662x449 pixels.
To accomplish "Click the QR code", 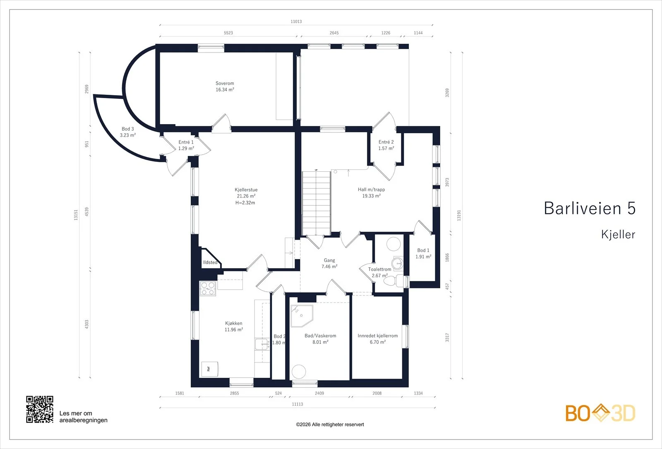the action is (x=40, y=409).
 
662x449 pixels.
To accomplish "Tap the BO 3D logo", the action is (x=600, y=413).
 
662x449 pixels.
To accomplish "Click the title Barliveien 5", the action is (x=590, y=208).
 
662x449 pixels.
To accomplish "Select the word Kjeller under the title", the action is (x=618, y=234).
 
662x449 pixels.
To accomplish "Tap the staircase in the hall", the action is (x=316, y=203).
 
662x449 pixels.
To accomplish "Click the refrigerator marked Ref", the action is (x=210, y=369).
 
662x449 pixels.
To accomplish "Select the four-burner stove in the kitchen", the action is (x=207, y=288).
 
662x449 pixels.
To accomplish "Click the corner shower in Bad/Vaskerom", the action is (x=301, y=316).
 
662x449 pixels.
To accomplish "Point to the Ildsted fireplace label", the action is (x=210, y=262).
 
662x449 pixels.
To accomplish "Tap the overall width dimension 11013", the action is (x=296, y=21).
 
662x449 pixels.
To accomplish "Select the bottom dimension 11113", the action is (x=297, y=404).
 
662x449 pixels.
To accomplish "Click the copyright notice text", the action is (x=330, y=425).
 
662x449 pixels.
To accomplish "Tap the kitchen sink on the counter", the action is (x=262, y=344).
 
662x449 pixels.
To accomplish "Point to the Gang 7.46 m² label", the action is (x=329, y=263).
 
